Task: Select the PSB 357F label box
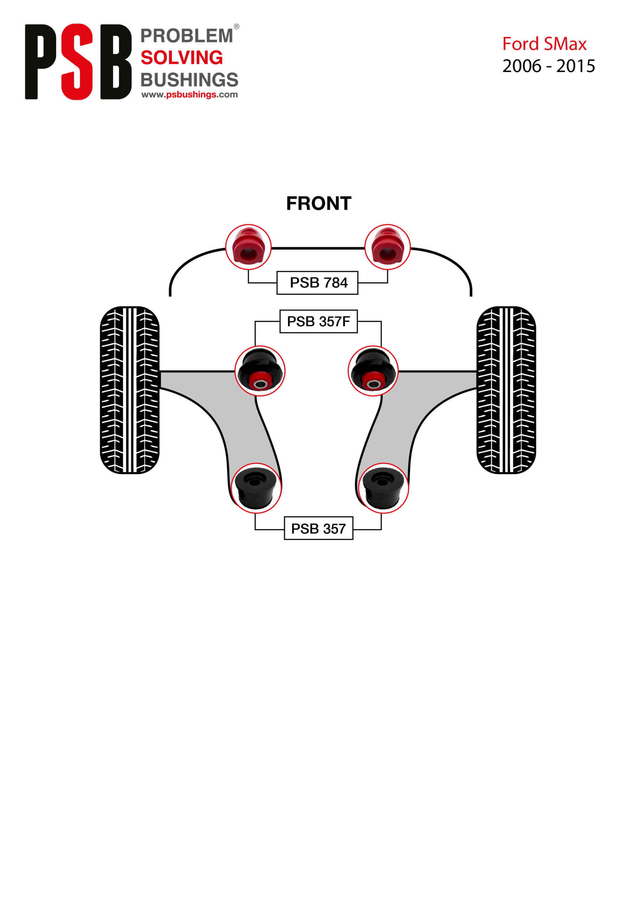[x=318, y=321]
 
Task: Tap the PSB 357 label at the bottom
[x=318, y=529]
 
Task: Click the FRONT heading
[x=319, y=204]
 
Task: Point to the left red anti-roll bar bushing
[x=248, y=247]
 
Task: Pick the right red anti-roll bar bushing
[x=387, y=247]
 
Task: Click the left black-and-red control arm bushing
[x=260, y=371]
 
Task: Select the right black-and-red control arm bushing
[x=373, y=371]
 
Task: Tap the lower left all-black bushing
[x=256, y=488]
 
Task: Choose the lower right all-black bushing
[x=383, y=488]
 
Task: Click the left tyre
[x=130, y=390]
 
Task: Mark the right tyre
[x=506, y=390]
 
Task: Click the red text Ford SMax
[x=544, y=44]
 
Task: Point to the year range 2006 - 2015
[x=548, y=66]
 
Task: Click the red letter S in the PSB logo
[x=77, y=62]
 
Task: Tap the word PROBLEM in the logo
[x=187, y=36]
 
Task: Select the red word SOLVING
[x=181, y=58]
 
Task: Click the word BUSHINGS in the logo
[x=189, y=80]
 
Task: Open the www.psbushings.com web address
[x=189, y=95]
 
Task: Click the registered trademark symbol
[x=236, y=27]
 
